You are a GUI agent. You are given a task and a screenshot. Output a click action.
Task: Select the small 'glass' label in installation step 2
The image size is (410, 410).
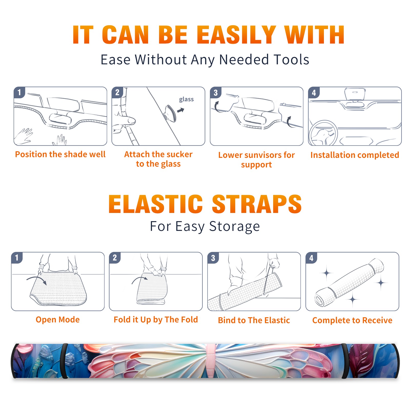point(186,99)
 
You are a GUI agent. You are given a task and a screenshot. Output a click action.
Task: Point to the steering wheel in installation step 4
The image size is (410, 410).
point(323,133)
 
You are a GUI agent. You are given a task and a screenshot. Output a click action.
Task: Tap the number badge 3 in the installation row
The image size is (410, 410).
point(216,93)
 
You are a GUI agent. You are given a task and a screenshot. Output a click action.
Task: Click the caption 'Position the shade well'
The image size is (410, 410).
point(60,154)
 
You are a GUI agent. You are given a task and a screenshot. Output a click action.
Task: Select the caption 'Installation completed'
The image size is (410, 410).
point(355,155)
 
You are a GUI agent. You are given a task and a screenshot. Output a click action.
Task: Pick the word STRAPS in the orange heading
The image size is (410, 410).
point(257,204)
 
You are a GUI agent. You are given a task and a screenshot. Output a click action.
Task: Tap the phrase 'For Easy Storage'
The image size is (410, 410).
point(205,227)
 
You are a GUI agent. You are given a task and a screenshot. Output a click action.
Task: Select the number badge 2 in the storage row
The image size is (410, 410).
point(115,258)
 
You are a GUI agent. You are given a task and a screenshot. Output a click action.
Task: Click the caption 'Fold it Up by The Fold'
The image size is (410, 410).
point(156,320)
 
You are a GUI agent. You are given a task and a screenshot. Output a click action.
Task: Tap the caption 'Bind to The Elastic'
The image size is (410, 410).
point(254,320)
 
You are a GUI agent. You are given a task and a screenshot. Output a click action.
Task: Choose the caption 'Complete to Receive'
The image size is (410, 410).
point(352,320)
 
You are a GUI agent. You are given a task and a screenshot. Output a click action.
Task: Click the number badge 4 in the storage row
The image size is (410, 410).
point(311,258)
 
